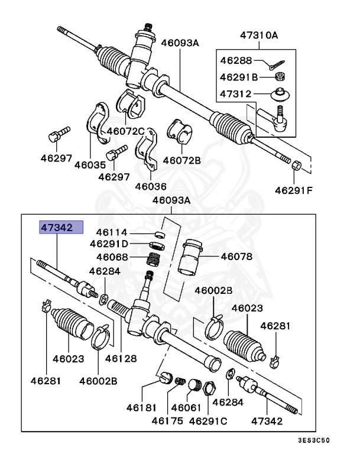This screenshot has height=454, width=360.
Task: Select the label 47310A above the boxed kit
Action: [x=258, y=35]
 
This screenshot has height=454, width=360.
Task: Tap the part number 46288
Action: [x=235, y=60]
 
